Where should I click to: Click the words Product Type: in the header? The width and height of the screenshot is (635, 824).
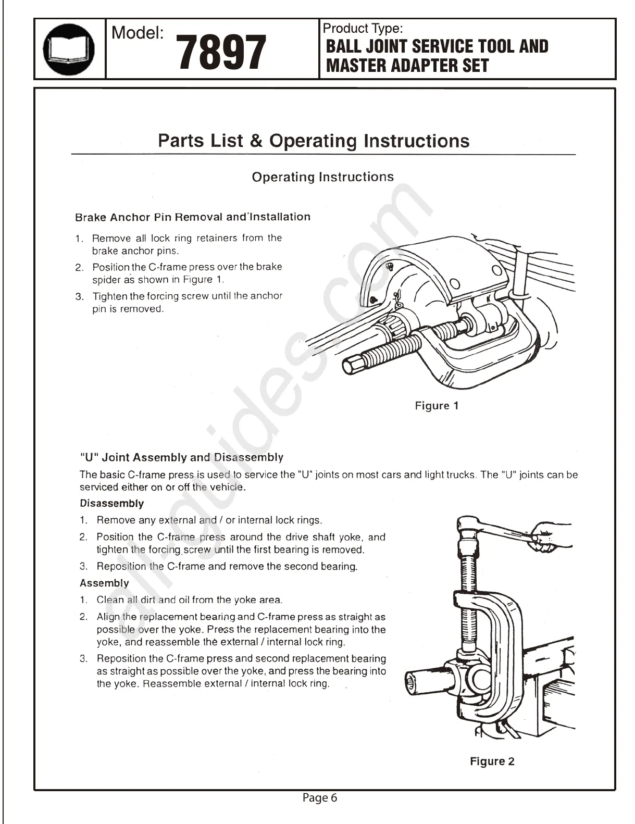point(363,29)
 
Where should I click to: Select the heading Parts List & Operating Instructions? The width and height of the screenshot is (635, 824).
point(314,141)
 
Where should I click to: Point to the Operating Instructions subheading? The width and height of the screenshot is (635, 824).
point(322,177)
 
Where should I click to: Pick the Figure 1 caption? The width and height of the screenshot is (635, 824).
point(437,406)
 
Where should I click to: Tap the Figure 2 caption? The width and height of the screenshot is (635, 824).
point(492,761)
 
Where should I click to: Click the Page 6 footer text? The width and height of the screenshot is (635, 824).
point(320,797)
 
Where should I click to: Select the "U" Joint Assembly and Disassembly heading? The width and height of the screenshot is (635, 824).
point(181,457)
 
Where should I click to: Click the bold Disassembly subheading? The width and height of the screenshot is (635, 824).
point(111,504)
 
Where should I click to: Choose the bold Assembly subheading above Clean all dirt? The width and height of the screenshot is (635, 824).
point(104,583)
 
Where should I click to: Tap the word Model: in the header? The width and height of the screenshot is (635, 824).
point(138,33)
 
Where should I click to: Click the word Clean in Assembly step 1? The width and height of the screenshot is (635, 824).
point(110,600)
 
